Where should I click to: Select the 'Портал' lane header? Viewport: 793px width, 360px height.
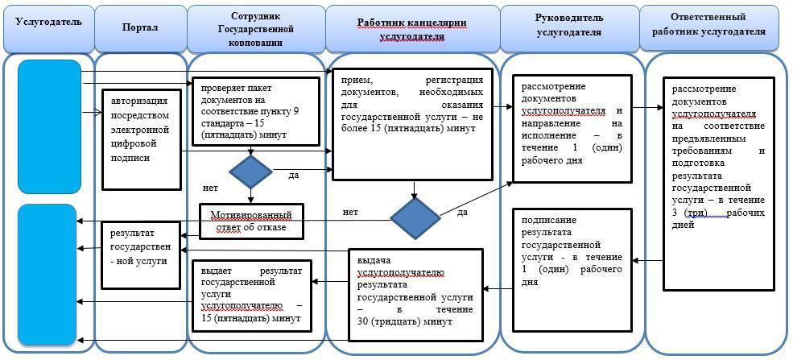coord(140,28)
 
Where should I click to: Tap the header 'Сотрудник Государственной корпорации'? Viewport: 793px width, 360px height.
coord(256,28)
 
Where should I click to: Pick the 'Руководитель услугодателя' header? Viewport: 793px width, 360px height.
coord(568,27)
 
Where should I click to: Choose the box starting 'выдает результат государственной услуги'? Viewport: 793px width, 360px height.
coord(251,294)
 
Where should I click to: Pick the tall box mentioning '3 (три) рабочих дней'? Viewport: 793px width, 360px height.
coord(718,183)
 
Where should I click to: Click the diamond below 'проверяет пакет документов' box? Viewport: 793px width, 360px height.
coord(250,172)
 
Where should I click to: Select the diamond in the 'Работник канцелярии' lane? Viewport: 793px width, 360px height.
coord(415,217)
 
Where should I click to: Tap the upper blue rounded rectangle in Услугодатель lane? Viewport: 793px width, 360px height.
coord(50,126)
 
